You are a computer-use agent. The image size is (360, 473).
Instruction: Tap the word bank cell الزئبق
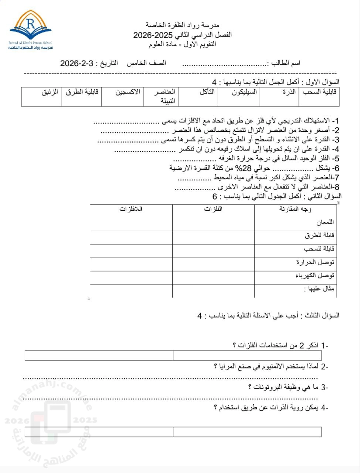[x=50, y=92]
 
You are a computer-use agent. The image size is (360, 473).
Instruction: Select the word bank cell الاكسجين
[x=128, y=92]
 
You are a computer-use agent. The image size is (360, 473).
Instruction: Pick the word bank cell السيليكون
[x=244, y=92]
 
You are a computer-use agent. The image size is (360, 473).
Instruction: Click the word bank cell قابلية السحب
[x=320, y=92]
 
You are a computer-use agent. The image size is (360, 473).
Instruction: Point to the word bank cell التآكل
[x=207, y=92]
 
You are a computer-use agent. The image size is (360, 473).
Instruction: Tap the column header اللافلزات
[x=131, y=209]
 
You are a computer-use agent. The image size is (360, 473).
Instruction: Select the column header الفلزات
[x=213, y=209]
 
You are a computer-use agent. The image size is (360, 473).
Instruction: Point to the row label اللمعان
[x=325, y=222]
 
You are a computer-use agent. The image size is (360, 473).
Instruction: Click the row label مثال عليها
[x=319, y=289]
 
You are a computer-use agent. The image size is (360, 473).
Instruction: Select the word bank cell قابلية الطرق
[x=82, y=92]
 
